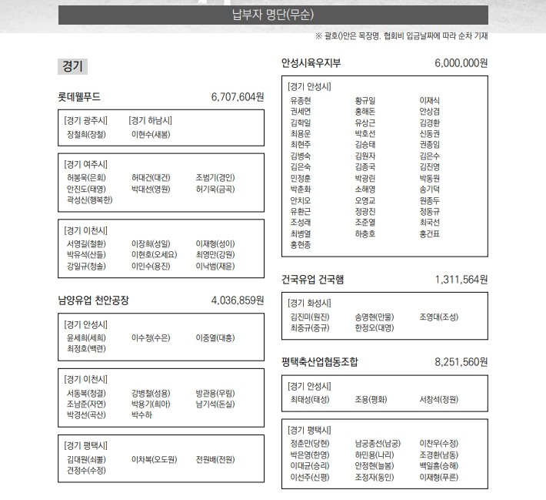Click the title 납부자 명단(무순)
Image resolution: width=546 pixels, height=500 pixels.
click(273, 15)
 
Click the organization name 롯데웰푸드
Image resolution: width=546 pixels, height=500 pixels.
click(79, 97)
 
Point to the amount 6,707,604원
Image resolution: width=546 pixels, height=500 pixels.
click(237, 97)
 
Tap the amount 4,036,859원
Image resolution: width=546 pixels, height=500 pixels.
click(237, 300)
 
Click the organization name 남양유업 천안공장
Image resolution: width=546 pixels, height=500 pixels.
click(93, 300)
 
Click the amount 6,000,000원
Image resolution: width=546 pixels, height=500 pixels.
click(461, 63)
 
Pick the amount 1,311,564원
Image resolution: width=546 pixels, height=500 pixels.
click(461, 279)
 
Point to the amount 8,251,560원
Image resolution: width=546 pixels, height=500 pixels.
click(461, 361)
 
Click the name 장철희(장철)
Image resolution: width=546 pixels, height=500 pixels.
click(87, 134)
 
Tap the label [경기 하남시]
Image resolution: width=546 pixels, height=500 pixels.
click(151, 120)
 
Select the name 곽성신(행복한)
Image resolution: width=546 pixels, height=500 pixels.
click(89, 200)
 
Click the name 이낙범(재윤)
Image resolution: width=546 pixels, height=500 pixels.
click(215, 266)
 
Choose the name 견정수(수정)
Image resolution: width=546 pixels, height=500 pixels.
click(87, 470)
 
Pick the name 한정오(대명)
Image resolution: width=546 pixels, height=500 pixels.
click(375, 327)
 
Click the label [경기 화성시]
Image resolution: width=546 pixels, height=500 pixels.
click(310, 303)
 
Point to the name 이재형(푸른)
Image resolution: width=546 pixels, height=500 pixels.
click(439, 477)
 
